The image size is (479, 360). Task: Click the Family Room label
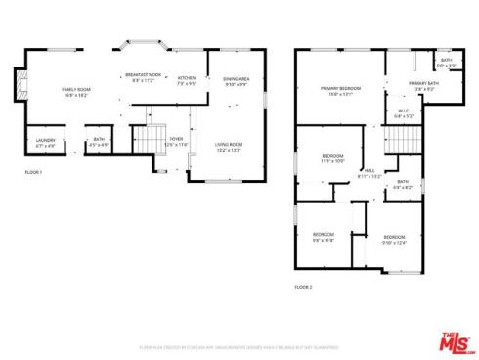click(x=76, y=93)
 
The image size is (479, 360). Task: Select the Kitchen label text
click(x=187, y=80)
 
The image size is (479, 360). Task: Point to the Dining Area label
click(x=236, y=81)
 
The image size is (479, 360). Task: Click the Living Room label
click(x=229, y=147)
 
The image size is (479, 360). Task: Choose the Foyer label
click(x=176, y=143)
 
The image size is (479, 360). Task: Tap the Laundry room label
click(x=45, y=143)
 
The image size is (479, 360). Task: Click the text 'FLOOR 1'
click(x=34, y=172)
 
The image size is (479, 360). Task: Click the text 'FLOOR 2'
click(x=303, y=287)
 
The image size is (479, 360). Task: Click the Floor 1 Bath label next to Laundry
click(x=99, y=143)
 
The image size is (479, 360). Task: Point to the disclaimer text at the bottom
click(x=239, y=347)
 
